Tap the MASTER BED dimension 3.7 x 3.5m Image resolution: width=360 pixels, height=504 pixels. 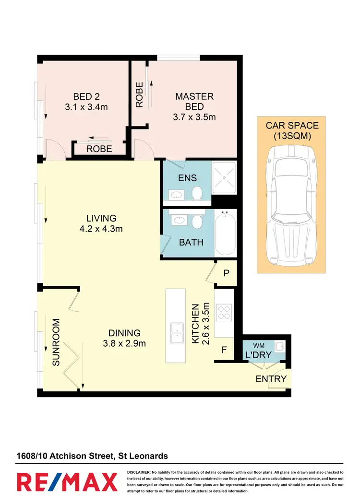pos(194,117)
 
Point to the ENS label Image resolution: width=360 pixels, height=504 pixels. pos(187,178)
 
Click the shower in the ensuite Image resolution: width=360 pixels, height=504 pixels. pos(224,178)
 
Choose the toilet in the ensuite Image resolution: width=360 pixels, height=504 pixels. pos(196,193)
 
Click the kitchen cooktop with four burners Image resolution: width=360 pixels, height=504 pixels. pos(224,313)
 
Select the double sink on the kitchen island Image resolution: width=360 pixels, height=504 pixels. pos(176,333)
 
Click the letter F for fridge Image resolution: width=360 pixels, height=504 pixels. pos(224,350)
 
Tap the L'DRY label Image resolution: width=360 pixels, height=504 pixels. pos(259,355)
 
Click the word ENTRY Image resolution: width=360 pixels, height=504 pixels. pos(271,379)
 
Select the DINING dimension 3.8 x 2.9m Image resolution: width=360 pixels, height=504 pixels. pos(124,343)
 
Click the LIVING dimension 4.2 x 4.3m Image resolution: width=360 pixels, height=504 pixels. pos(101,229)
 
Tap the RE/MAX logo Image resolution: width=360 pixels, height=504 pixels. pos(67,481)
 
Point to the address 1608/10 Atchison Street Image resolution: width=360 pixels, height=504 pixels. pos(64,456)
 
